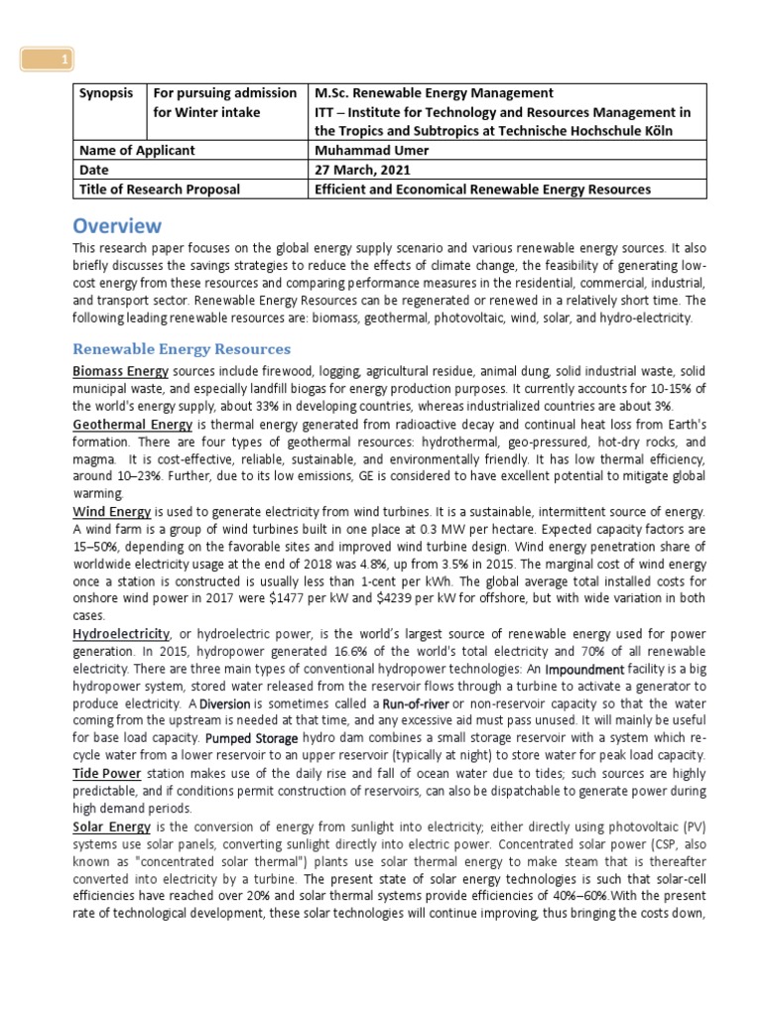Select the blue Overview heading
(x=117, y=225)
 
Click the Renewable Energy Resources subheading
(x=183, y=349)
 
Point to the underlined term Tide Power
(x=107, y=773)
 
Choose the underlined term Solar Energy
(x=112, y=826)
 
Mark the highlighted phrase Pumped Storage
(x=251, y=739)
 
